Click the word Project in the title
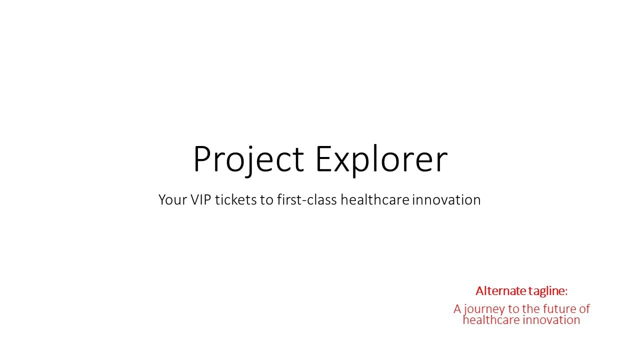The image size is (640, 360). pos(248,160)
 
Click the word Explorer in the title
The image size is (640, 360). pos(381,160)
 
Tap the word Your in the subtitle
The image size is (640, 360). pos(172,199)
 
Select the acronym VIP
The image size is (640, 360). pos(200,199)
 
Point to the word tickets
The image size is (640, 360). pos(235,199)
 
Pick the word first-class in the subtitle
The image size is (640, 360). pos(307,199)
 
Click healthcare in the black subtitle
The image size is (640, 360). pos(375,199)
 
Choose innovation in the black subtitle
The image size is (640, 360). pos(446,199)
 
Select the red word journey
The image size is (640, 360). pos(484,309)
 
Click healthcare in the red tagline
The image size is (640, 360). pos(491,320)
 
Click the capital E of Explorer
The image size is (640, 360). pos(323,159)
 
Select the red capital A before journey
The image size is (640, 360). pos(457,309)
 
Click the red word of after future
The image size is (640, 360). pos(584,309)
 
